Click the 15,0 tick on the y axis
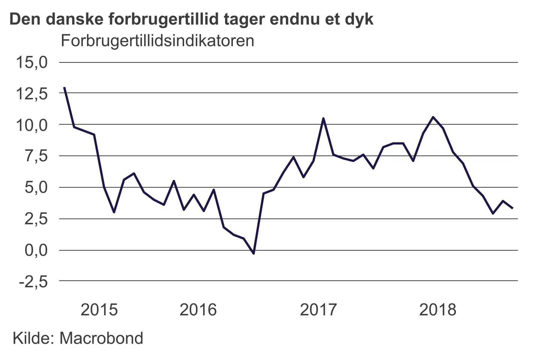point(31,62)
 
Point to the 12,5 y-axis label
point(31,93)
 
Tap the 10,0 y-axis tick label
point(31,125)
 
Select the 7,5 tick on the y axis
point(36,156)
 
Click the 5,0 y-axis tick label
point(36,187)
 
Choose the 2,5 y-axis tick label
point(36,219)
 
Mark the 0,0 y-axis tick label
point(36,250)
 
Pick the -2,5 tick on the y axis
point(34,281)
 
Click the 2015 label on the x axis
point(99,310)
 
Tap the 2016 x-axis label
point(198,310)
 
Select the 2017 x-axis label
point(318,310)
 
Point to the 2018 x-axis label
point(438,310)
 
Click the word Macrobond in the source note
point(101,338)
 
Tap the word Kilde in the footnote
point(34,338)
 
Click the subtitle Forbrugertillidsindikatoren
point(157,40)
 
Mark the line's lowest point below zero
point(254,253)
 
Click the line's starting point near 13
point(64,87)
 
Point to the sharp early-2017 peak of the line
point(323,118)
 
